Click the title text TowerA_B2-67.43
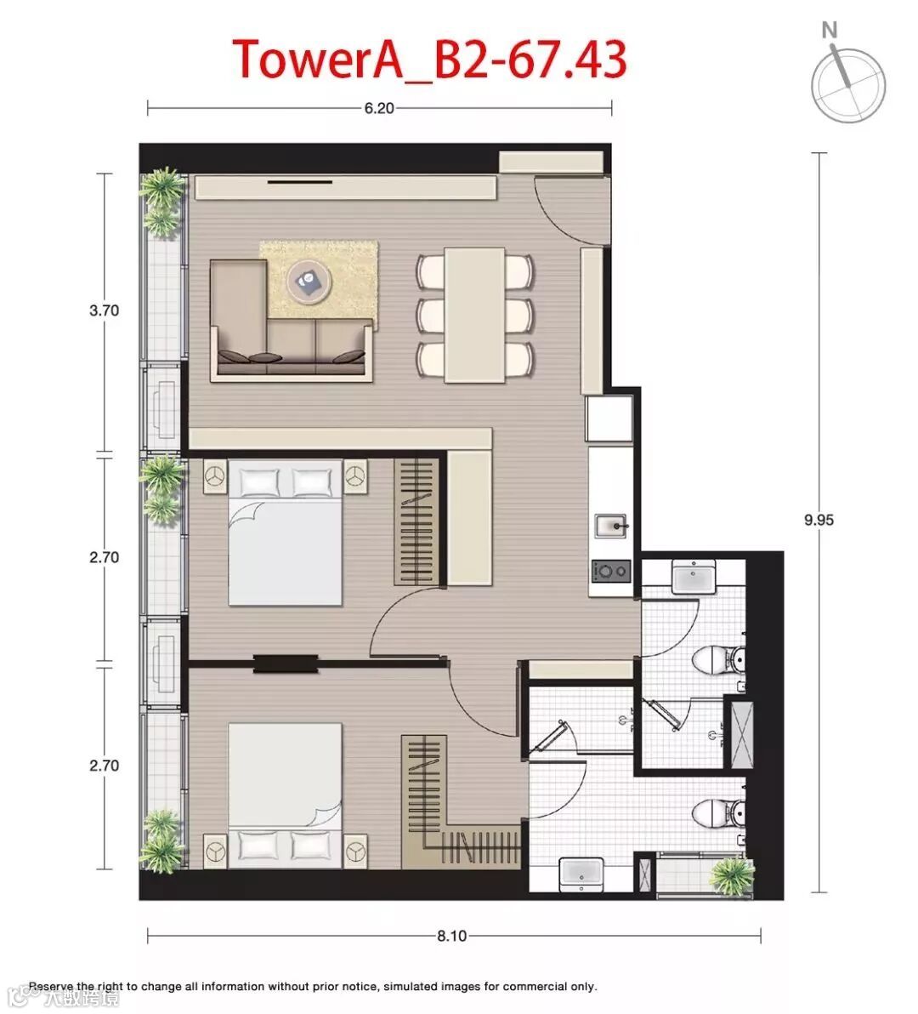point(429,59)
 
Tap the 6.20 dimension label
point(379,108)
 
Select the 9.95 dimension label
point(819,520)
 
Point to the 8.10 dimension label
point(451,936)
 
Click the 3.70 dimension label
point(104,310)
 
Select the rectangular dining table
point(475,315)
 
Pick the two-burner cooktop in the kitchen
point(610,570)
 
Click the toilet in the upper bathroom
point(718,659)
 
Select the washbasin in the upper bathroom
point(694,577)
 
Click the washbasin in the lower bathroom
point(581,874)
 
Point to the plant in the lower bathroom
point(731,876)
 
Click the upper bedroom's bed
point(285,533)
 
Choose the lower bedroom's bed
point(285,795)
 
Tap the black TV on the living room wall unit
point(300,182)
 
